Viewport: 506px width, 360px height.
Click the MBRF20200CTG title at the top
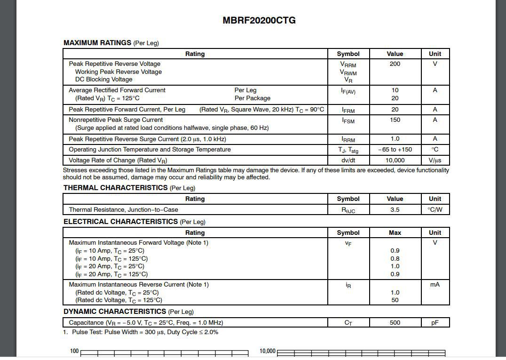click(x=259, y=20)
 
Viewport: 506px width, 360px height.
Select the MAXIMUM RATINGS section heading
click(x=97, y=43)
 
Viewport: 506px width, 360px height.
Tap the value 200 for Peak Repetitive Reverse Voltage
click(x=395, y=64)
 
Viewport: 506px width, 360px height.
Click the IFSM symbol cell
click(x=348, y=120)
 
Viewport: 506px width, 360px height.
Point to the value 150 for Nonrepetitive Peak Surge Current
click(x=395, y=120)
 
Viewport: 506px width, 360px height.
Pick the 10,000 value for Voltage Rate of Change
click(x=395, y=160)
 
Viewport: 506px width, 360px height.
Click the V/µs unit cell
click(x=435, y=160)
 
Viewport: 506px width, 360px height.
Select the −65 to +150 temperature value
click(x=395, y=150)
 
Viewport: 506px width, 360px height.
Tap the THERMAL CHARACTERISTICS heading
click(x=116, y=188)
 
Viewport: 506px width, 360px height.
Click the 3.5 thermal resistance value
click(x=395, y=210)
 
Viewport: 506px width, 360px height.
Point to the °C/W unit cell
click(x=435, y=210)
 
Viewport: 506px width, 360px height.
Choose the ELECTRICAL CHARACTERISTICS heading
click(x=121, y=222)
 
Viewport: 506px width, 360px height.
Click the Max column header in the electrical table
click(x=395, y=232)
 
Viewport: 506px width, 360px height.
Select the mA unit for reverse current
click(x=435, y=285)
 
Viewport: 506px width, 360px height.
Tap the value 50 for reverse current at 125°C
click(x=395, y=300)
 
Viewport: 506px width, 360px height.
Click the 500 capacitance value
click(x=395, y=323)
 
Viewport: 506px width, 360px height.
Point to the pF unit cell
click(x=435, y=323)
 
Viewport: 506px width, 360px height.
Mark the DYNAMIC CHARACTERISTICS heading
click(x=115, y=312)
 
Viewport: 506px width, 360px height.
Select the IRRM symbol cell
click(x=348, y=139)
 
